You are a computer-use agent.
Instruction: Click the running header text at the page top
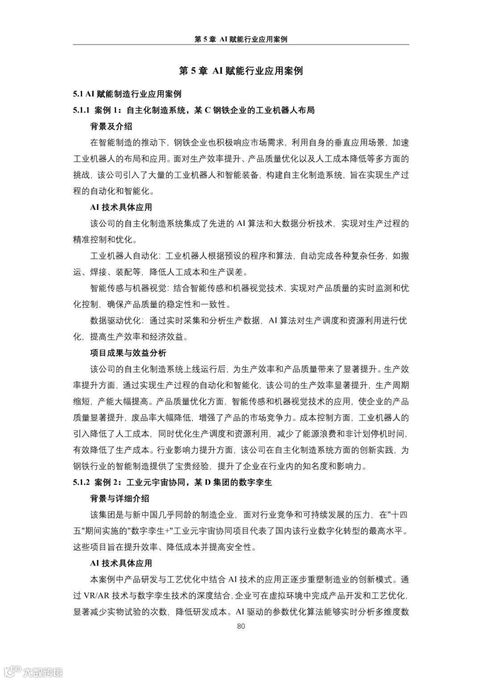(241, 39)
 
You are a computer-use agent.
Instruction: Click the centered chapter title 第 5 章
(241, 71)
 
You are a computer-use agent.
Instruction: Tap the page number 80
(241, 626)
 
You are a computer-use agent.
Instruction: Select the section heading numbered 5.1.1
(194, 110)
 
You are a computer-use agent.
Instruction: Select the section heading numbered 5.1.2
(172, 482)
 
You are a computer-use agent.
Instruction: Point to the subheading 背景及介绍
(111, 126)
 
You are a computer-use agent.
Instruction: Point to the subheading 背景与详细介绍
(120, 498)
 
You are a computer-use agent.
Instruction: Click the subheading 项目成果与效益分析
(128, 353)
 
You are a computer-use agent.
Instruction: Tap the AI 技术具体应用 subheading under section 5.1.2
(121, 563)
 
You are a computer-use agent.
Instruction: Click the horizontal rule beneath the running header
(241, 45)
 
